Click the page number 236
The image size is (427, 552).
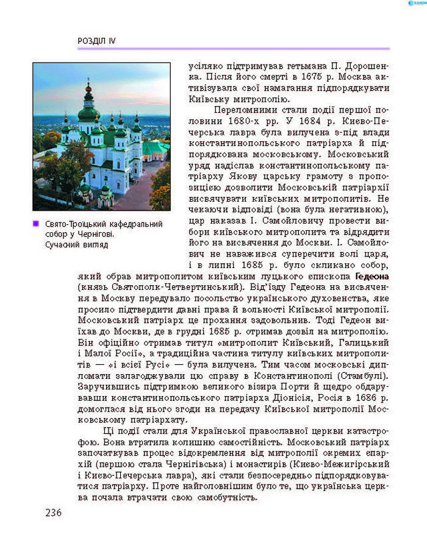click(53, 512)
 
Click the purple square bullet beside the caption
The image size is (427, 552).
click(37, 224)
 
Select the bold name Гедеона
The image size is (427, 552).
click(367, 275)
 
